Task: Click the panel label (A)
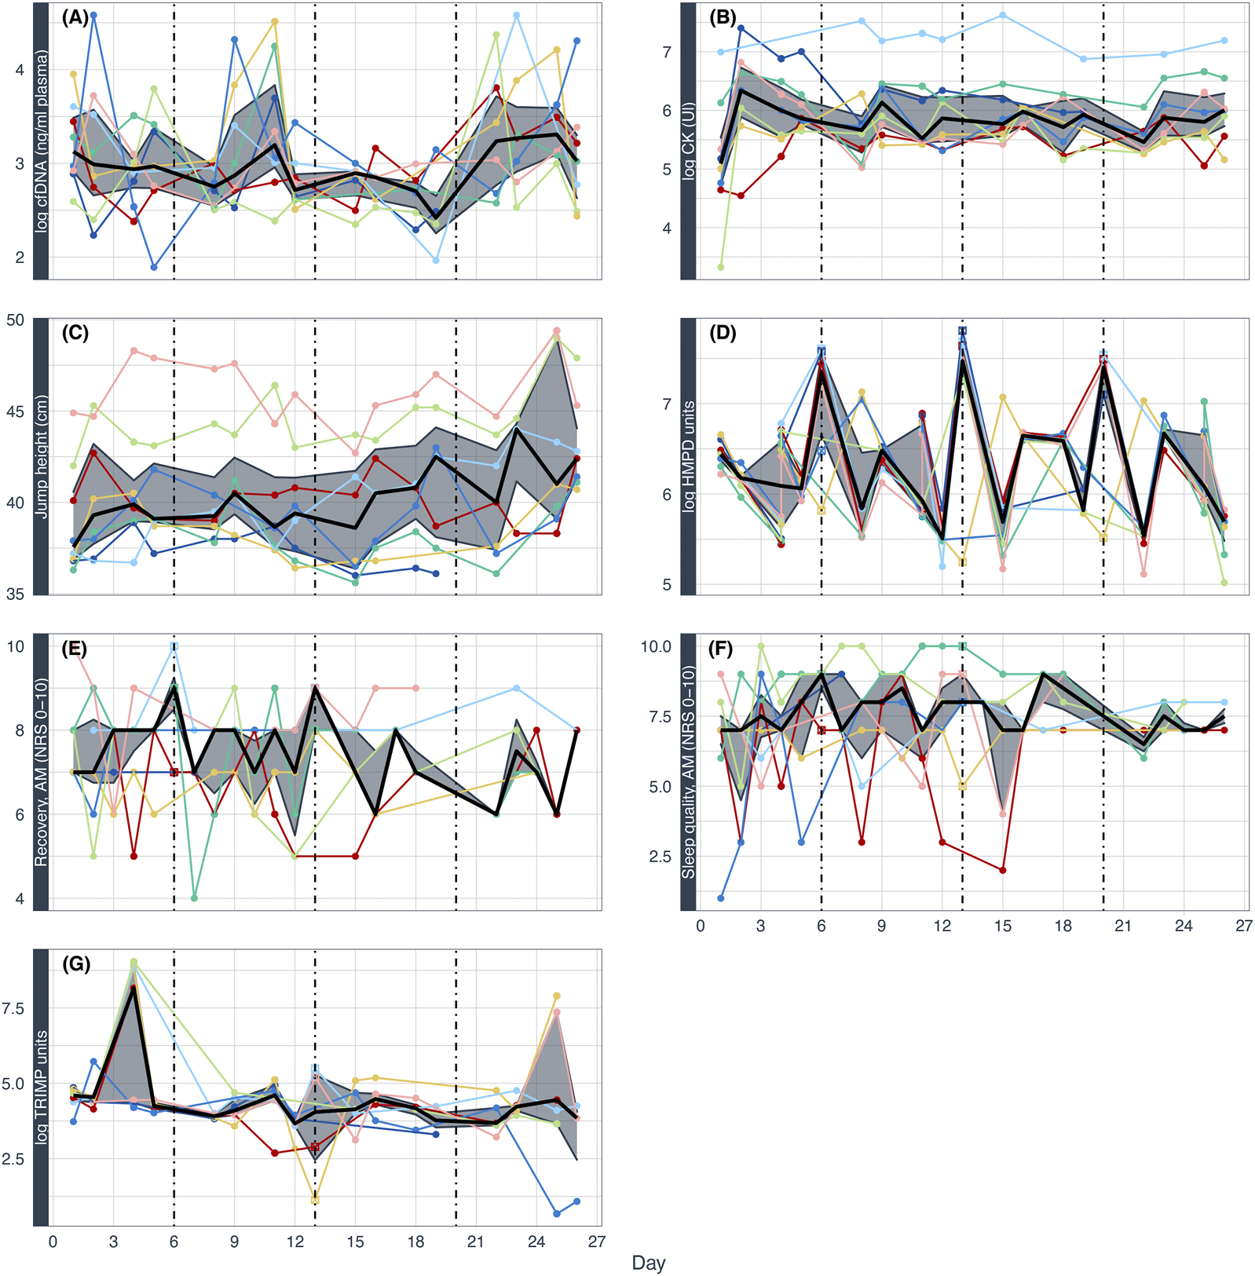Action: [75, 18]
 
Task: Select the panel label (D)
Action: [723, 333]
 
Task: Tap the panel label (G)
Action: [75, 964]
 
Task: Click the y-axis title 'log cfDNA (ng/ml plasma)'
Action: [41, 141]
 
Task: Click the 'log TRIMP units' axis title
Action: [41, 1087]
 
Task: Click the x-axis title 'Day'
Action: [649, 1263]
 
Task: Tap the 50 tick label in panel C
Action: [16, 320]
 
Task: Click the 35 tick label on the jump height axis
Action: [16, 594]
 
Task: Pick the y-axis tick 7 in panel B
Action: [667, 53]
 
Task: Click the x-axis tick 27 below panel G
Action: [597, 1241]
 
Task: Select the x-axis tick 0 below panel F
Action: [701, 926]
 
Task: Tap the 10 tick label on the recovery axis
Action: [16, 647]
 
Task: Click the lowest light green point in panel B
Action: [720, 267]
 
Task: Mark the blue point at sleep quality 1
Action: [721, 898]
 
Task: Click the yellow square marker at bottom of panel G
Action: [315, 1200]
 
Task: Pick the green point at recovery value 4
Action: [194, 898]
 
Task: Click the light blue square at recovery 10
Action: [174, 646]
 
